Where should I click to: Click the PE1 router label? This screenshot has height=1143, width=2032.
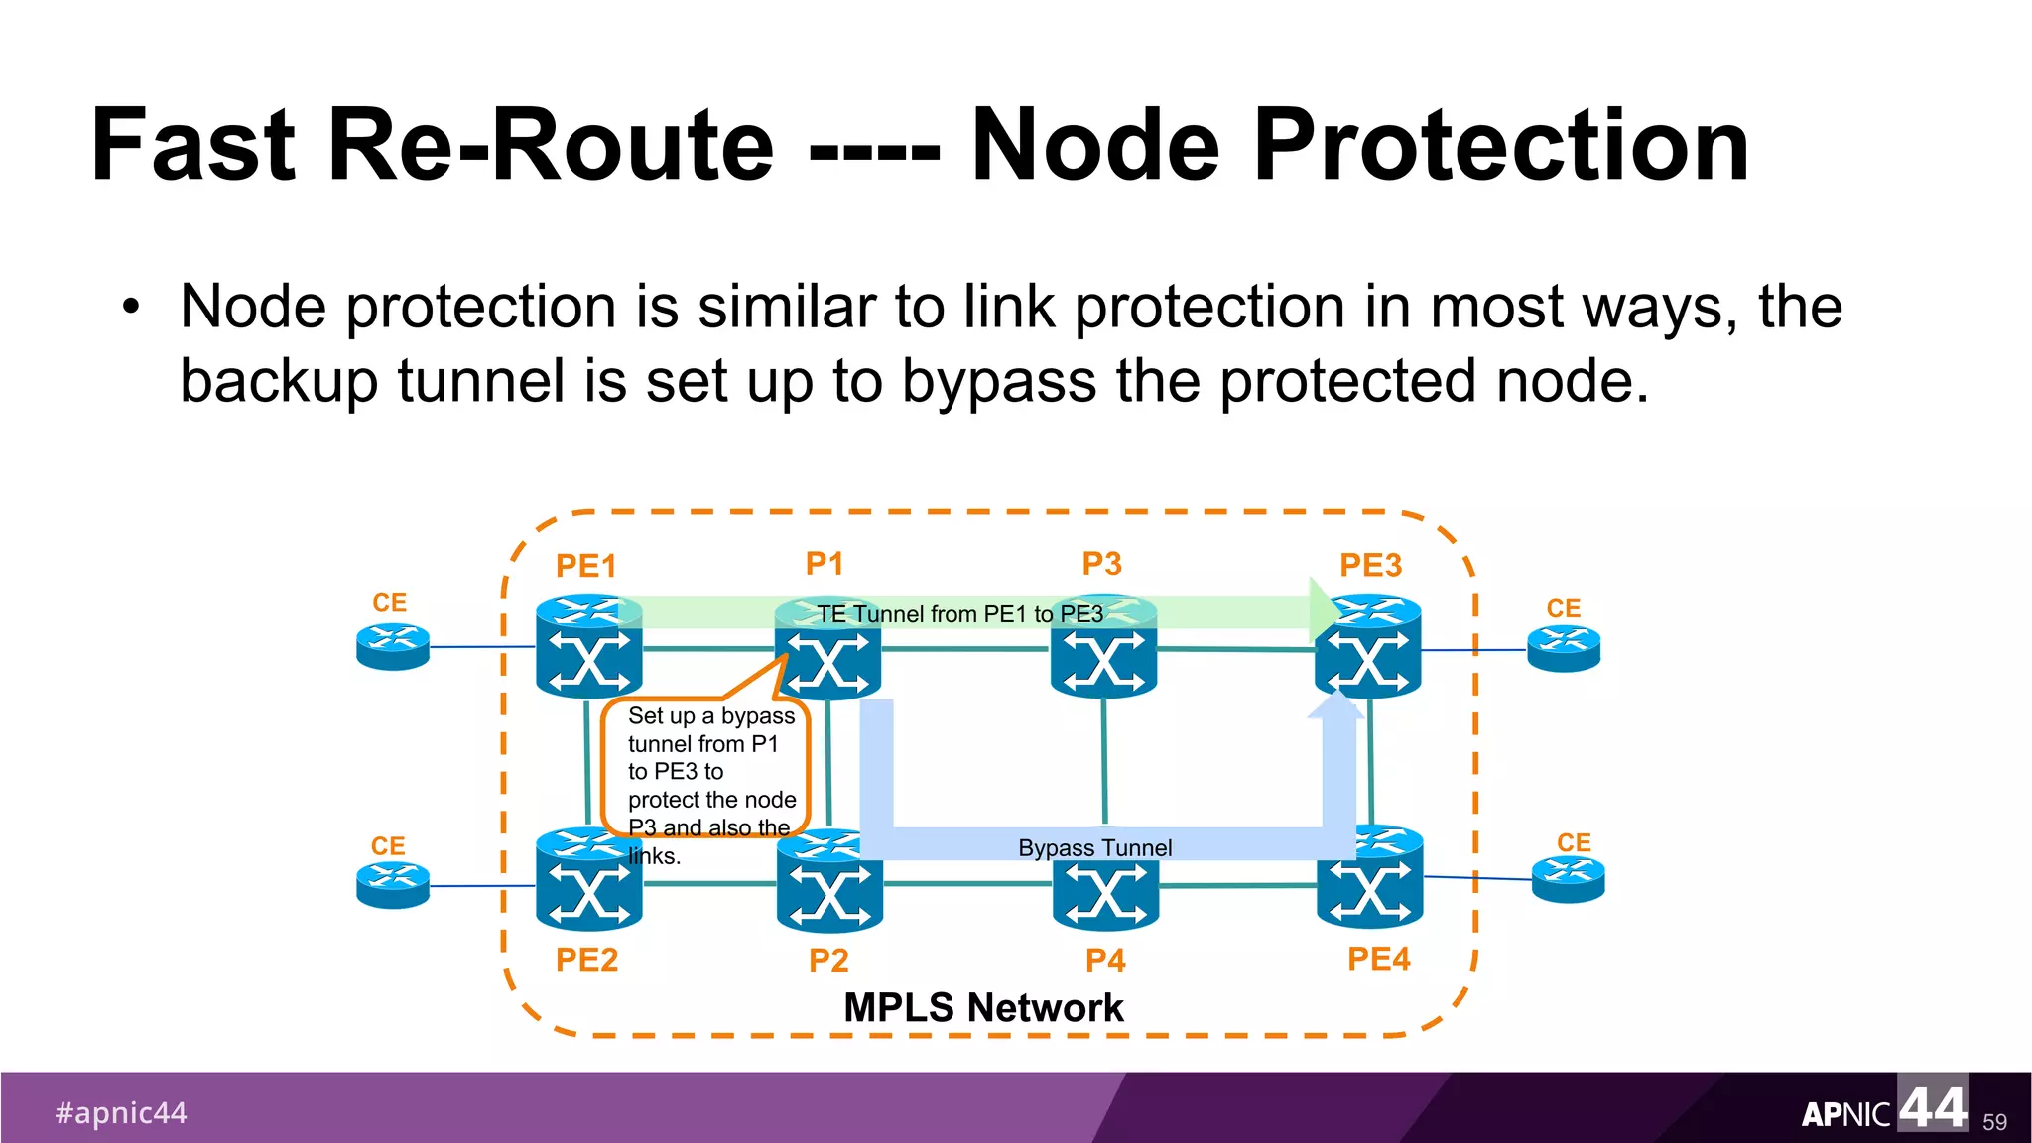coord(585,567)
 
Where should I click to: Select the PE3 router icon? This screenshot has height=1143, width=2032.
coord(1368,650)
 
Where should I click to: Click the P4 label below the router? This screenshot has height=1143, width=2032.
coord(1105,960)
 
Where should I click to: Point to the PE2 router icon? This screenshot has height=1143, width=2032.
coord(588,881)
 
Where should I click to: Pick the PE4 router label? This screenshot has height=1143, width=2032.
coord(1378,959)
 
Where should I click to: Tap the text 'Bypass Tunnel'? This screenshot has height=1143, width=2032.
coord(1094,848)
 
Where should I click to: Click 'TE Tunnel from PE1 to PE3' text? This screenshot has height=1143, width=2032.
coord(959,614)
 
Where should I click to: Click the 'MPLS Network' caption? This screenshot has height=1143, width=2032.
coord(982,1008)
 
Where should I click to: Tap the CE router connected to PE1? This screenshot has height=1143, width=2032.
coord(393,647)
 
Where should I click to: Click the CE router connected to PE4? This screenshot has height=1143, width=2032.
coord(1568,879)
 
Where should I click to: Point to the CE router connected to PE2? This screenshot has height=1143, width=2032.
coord(393,885)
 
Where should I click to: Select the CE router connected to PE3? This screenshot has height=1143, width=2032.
coord(1564,649)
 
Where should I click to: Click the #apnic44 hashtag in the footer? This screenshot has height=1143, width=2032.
coord(121,1113)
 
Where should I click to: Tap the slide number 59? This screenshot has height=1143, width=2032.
coord(1994,1122)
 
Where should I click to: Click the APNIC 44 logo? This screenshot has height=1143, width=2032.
coord(1883,1108)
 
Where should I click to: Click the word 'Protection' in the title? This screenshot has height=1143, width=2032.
coord(1501,146)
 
